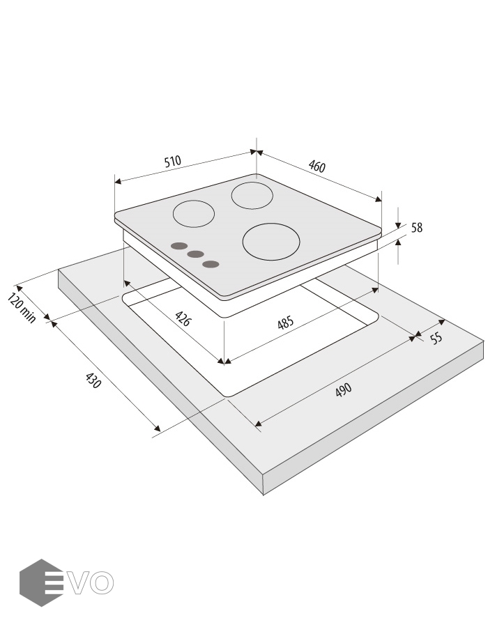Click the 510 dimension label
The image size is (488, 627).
[x=172, y=162]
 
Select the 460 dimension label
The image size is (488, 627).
[x=317, y=166]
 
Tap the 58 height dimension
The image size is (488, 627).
[x=417, y=228]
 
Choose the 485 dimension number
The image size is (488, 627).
[x=286, y=323]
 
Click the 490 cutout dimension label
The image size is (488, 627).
[x=343, y=389]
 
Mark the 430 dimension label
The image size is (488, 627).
[x=93, y=380]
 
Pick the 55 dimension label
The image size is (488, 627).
[x=436, y=338]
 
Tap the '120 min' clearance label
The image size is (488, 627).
[x=22, y=308]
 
